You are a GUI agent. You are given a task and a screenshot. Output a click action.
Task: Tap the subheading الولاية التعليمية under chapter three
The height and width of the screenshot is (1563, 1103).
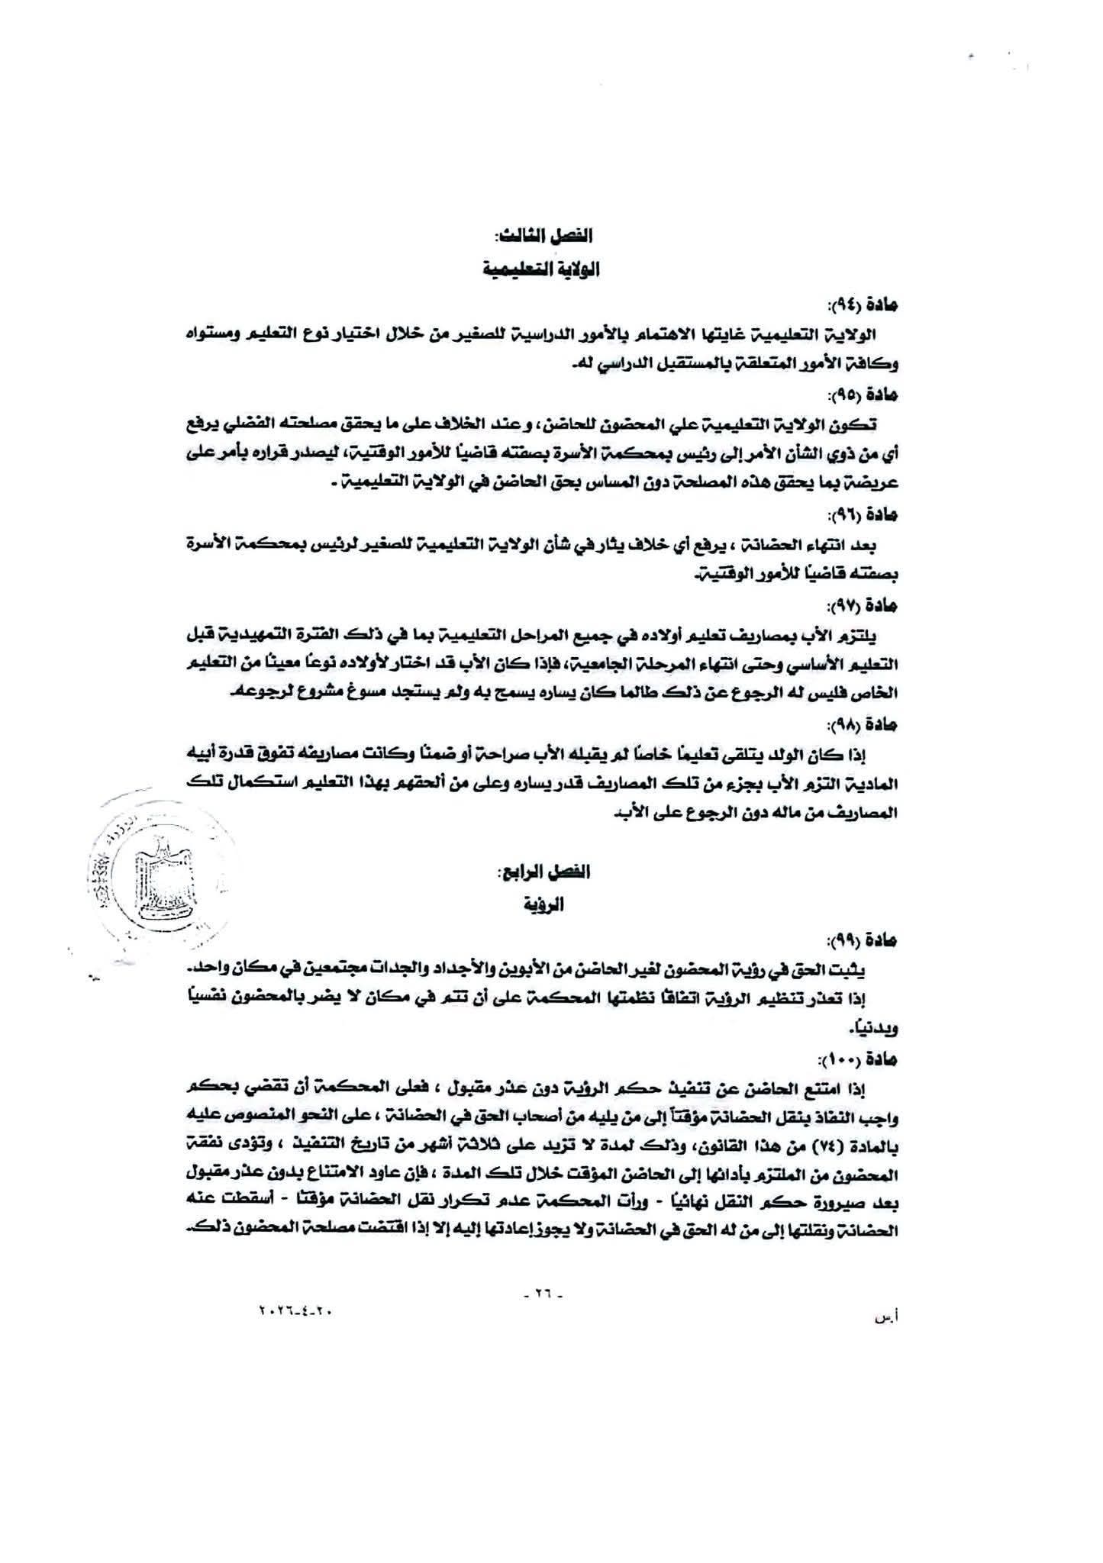pyautogui.click(x=542, y=270)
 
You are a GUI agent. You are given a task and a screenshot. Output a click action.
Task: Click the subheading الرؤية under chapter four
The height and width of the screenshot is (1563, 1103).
pyautogui.click(x=544, y=906)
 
